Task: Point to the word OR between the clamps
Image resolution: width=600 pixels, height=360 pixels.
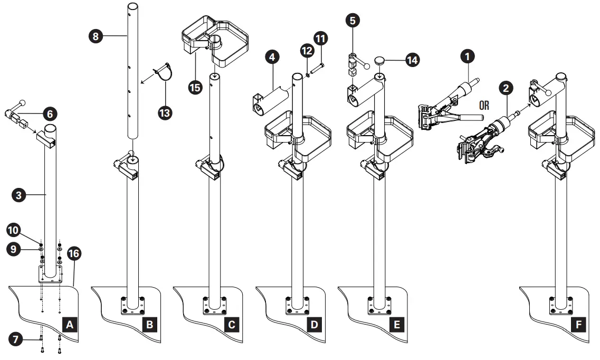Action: click(x=484, y=105)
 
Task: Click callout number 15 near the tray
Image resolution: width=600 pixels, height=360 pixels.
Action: click(x=195, y=86)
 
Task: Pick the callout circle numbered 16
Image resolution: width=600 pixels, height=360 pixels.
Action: click(x=74, y=254)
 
